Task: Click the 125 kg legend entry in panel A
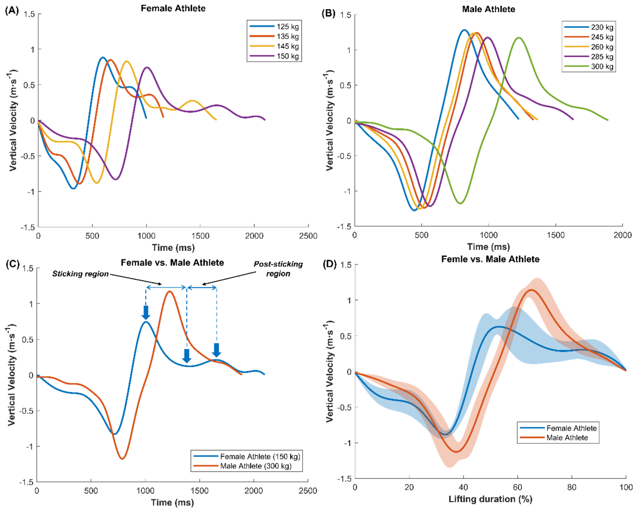coord(274,26)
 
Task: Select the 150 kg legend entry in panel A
coord(274,56)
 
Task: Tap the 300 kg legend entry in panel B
coord(589,66)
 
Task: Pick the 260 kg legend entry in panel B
coord(589,47)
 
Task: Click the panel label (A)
coord(12,11)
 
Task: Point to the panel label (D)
coord(329,264)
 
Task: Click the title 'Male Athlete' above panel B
coord(488,9)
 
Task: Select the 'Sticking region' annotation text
coord(80,274)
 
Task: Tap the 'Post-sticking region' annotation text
coord(278,269)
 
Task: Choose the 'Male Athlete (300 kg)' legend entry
coord(243,466)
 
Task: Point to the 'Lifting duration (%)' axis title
coord(490,499)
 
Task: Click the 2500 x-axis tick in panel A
coord(308,236)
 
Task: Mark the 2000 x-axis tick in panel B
coord(622,235)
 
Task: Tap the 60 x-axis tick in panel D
coord(517,487)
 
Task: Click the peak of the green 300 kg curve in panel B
coord(519,38)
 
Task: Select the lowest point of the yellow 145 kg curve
coord(97,183)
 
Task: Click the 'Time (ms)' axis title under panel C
coord(172,502)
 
